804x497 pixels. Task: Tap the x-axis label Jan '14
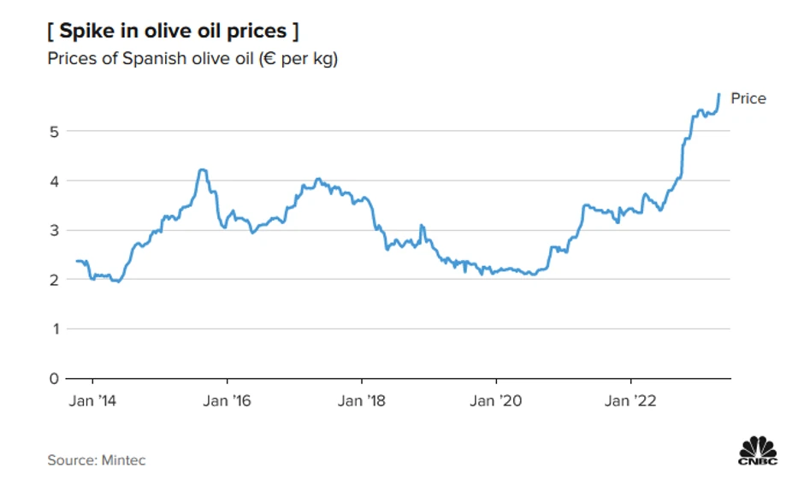point(92,400)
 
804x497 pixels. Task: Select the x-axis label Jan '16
point(228,400)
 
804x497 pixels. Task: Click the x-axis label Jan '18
point(362,400)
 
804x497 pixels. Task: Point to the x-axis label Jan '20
point(496,400)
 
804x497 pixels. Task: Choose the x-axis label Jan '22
point(630,400)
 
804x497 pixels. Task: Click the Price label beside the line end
point(748,98)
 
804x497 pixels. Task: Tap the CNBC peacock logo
point(757,451)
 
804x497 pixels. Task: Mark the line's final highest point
point(719,94)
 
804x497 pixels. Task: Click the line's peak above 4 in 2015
point(202,170)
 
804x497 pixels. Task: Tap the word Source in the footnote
point(70,460)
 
